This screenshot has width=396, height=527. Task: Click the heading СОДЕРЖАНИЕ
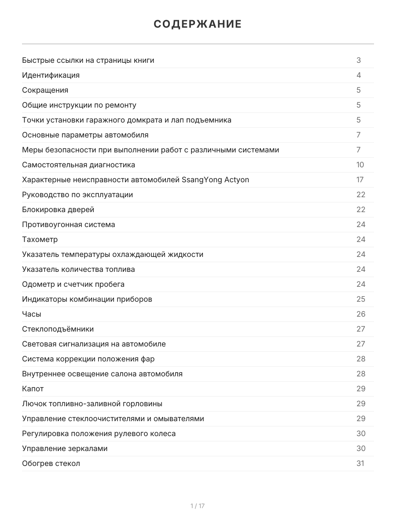pyautogui.click(x=198, y=24)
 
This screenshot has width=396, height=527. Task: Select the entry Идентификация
pyautogui.click(x=51, y=75)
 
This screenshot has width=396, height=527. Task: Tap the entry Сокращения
pyautogui.click(x=45, y=90)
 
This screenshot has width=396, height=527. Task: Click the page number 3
pyautogui.click(x=359, y=60)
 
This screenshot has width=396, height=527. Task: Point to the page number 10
pyautogui.click(x=360, y=165)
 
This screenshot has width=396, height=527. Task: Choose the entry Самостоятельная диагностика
pyautogui.click(x=79, y=165)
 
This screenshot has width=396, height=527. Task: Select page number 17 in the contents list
pyautogui.click(x=360, y=180)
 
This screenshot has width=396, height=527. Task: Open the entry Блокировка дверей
pyautogui.click(x=58, y=209)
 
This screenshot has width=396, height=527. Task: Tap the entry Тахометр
pyautogui.click(x=40, y=239)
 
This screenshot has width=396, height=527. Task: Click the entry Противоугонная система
pyautogui.click(x=69, y=224)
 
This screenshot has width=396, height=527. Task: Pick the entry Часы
pyautogui.click(x=32, y=314)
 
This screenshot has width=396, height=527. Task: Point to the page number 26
pyautogui.click(x=361, y=314)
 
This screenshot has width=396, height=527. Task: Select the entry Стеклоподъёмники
pyautogui.click(x=58, y=329)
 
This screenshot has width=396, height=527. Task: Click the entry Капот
pyautogui.click(x=33, y=389)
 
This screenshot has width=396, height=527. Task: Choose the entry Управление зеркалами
pyautogui.click(x=65, y=448)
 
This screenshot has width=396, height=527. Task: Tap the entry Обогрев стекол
pyautogui.click(x=51, y=463)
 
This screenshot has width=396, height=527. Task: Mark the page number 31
pyautogui.click(x=360, y=463)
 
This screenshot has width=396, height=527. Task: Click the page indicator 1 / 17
pyautogui.click(x=198, y=506)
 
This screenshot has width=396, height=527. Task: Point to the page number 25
pyautogui.click(x=361, y=299)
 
